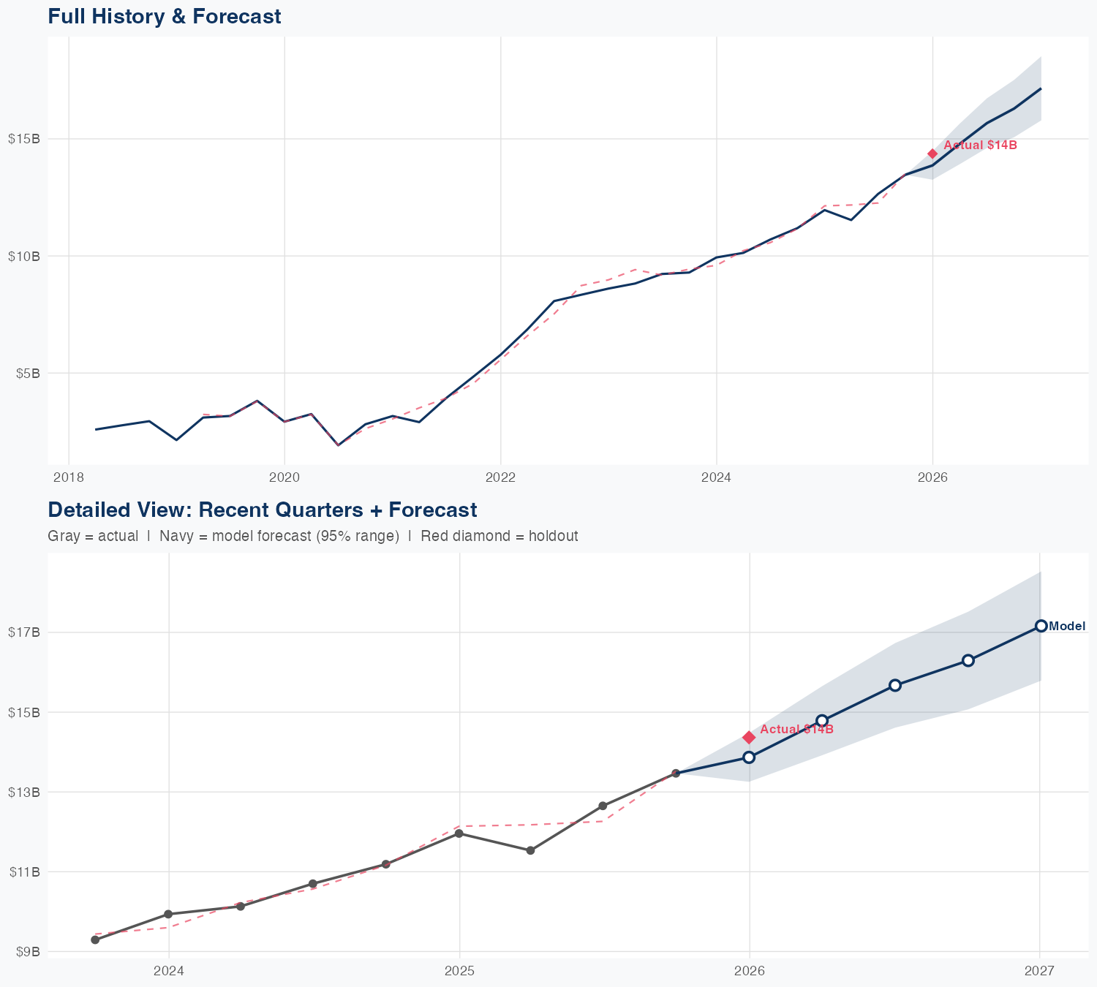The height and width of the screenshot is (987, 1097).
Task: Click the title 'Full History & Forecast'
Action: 164,16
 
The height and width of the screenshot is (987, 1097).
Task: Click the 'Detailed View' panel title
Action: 262,510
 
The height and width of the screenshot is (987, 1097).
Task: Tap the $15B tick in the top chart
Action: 24,139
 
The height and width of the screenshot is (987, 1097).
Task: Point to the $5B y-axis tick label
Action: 26,373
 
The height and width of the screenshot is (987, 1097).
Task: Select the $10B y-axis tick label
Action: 24,256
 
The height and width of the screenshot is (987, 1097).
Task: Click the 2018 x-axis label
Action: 68,477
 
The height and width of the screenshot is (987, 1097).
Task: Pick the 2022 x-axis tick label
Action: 500,477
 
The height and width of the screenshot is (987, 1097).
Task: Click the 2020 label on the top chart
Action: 284,477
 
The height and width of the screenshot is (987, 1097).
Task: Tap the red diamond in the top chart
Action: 932,154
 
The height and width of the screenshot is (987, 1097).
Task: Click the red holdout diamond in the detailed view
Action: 749,737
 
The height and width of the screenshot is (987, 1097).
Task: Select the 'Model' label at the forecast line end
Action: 1067,626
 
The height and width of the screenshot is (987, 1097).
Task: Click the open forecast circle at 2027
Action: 1041,626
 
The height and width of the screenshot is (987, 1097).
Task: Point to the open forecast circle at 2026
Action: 749,757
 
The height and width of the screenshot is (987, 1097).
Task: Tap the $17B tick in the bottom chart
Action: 24,632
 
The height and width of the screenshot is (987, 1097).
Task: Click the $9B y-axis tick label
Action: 26,951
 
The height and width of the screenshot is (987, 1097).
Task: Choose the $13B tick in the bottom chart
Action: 24,792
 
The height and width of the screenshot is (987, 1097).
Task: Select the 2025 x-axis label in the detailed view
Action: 459,971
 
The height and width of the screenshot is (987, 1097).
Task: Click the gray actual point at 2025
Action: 459,833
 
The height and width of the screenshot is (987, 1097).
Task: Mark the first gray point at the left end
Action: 95,939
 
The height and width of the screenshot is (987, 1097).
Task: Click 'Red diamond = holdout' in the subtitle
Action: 500,536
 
